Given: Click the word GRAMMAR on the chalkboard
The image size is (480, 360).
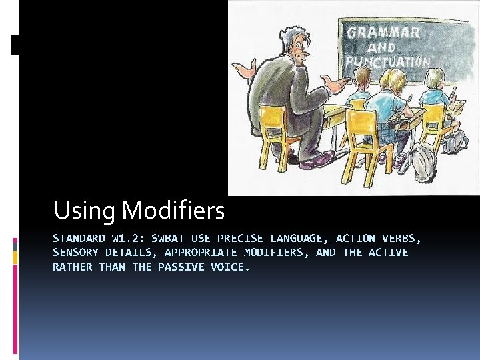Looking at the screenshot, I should pos(383,31).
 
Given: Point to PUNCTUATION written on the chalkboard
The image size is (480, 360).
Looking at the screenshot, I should pos(387,61).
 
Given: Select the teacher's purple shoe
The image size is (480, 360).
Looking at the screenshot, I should pos(317,160).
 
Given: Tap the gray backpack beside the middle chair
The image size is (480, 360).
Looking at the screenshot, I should pos(423,161).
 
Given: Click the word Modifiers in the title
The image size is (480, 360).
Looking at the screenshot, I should pos(174,211).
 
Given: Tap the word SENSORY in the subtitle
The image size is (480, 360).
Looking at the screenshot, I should pos(76,253).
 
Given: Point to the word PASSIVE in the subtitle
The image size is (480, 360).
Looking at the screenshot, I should pos(181,267).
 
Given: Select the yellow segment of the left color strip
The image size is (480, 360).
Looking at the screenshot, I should pos(15,257).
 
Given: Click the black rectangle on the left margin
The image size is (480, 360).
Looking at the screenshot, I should pos(15,45).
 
